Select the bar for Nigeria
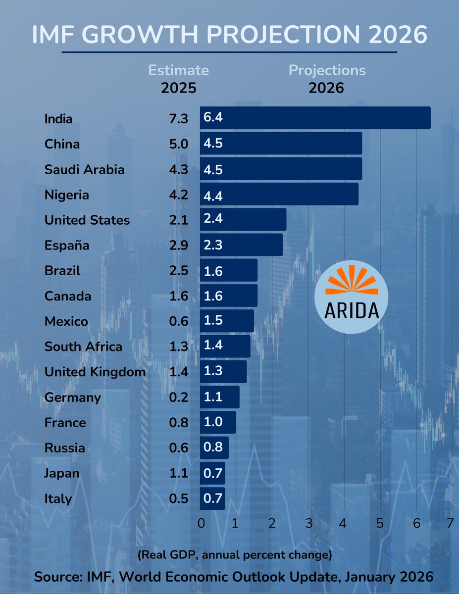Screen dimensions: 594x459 point(280,194)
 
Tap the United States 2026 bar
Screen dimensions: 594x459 point(244,219)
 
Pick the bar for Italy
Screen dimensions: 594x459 point(213,498)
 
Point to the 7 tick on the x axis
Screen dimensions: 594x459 point(450,524)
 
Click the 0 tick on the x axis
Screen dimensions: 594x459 point(201,524)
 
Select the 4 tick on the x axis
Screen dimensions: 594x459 point(344,524)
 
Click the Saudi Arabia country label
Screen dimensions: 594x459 point(84,169)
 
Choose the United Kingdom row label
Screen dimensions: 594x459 point(95,372)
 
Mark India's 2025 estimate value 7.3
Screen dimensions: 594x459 point(178,119)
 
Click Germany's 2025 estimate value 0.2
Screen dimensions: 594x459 point(178,397)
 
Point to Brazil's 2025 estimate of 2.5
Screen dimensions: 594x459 point(178,271)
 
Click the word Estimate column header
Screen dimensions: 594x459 point(179,70)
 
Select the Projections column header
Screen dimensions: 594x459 point(327,70)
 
